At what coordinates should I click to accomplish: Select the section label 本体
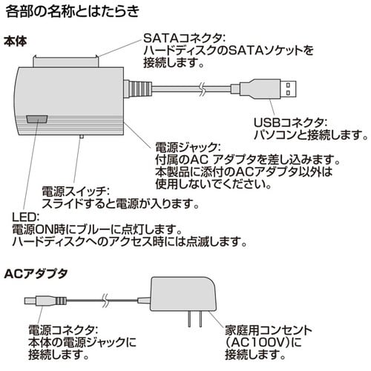click(x=16, y=42)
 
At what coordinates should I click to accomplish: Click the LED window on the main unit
click(x=35, y=119)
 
